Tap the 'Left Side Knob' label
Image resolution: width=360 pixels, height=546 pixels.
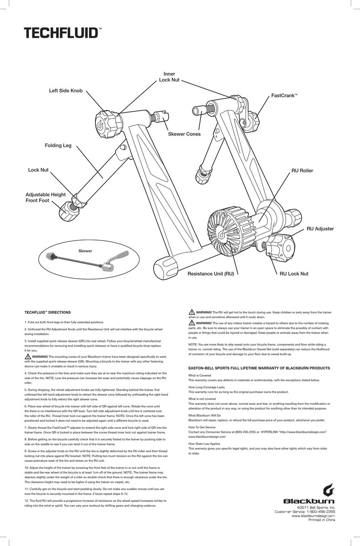coord(66,91)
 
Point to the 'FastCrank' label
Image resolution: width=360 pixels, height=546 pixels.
coord(284,96)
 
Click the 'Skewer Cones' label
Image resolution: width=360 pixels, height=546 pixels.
coord(184,134)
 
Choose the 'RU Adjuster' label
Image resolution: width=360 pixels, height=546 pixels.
coord(320,229)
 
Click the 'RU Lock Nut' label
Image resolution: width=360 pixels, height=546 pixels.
coord(294,274)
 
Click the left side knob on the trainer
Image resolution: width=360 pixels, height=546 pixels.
coord(106,124)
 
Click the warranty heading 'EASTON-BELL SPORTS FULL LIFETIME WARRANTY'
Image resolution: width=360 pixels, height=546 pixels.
coord(259,368)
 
